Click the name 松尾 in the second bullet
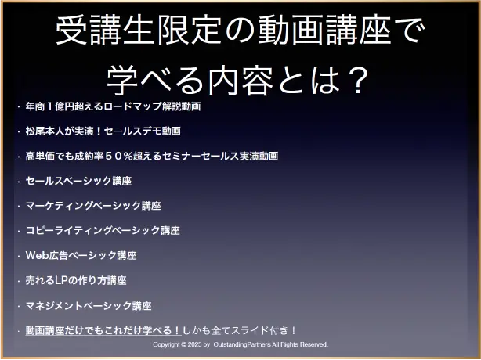(35, 131)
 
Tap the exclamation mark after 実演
(99, 131)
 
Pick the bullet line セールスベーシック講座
(79, 181)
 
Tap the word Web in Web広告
(37, 255)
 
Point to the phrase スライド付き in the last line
(259, 330)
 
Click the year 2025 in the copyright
(194, 344)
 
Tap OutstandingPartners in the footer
(242, 344)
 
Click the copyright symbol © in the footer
(183, 344)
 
